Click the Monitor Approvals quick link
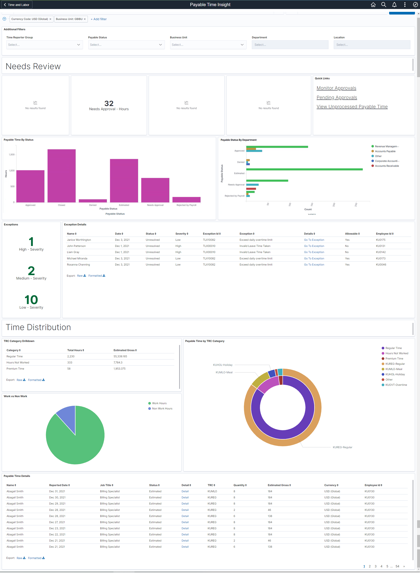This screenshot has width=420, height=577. [336, 88]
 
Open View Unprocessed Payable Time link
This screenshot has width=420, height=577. [352, 107]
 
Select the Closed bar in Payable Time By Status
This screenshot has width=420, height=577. [62, 175]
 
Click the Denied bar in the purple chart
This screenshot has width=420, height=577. [93, 201]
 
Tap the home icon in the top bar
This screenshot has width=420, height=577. [373, 5]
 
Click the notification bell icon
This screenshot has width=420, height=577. [394, 5]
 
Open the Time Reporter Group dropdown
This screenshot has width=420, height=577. [44, 45]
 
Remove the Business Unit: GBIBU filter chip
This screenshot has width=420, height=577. [85, 19]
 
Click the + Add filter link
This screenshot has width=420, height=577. [99, 19]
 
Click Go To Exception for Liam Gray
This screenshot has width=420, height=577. [314, 252]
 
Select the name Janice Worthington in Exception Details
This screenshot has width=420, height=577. [79, 240]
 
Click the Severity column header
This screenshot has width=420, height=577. [182, 234]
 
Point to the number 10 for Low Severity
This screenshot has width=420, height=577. [31, 300]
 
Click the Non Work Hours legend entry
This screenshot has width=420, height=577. [162, 408]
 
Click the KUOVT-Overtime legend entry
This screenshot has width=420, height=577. [396, 385]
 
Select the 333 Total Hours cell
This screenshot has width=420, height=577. [70, 362]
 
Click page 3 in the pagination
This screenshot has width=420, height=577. [376, 566]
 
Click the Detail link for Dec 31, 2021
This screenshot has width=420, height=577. [185, 491]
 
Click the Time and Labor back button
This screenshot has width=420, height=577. [17, 5]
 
